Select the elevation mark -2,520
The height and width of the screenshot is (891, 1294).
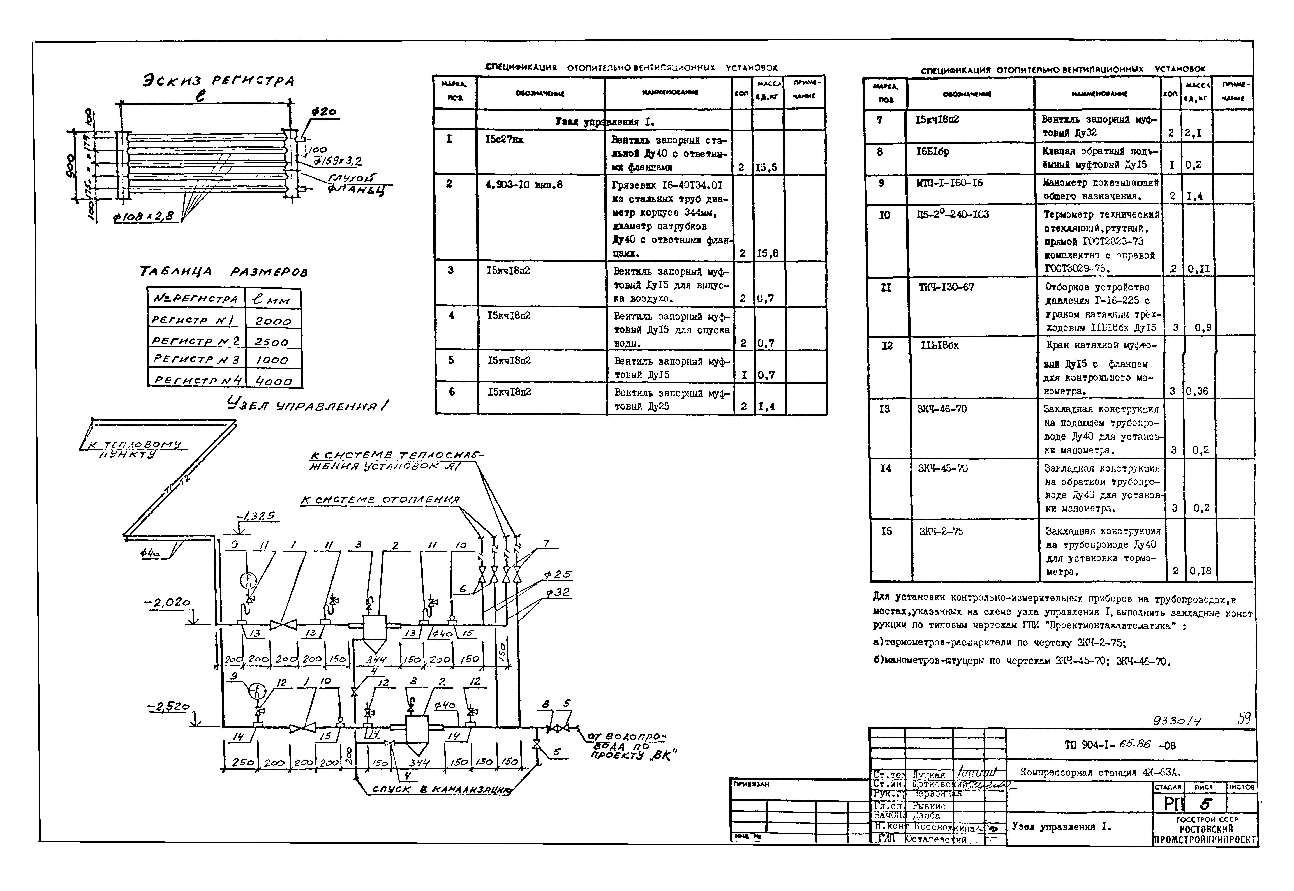pos(169,707)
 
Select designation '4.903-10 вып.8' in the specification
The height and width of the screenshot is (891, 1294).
pos(524,184)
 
